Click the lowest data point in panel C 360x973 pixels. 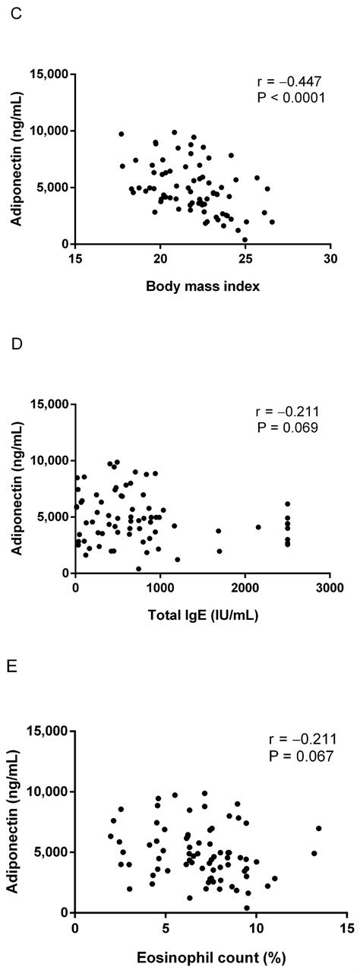[x=245, y=239]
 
